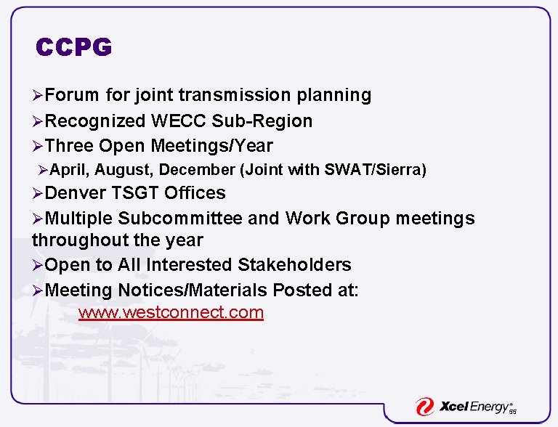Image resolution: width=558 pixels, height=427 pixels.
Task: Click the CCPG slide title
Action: pos(74,48)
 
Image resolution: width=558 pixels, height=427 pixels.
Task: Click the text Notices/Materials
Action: pos(192,290)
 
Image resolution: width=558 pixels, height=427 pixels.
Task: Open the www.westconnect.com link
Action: pos(171,313)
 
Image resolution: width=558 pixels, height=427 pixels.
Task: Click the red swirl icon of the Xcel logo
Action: pos(424,407)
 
